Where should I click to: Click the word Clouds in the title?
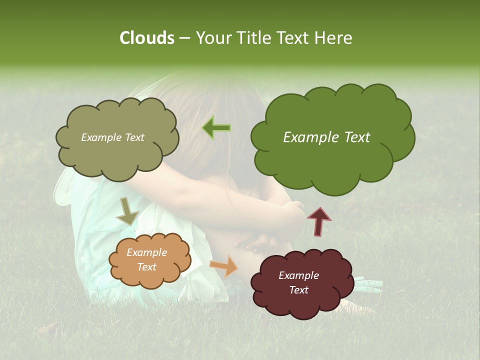[x=146, y=38]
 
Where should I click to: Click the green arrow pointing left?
[x=216, y=127]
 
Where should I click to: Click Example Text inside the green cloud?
[x=326, y=137]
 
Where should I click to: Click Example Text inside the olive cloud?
[x=112, y=137]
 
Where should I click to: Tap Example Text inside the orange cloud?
[x=146, y=259]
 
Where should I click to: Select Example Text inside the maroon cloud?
[x=298, y=282]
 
